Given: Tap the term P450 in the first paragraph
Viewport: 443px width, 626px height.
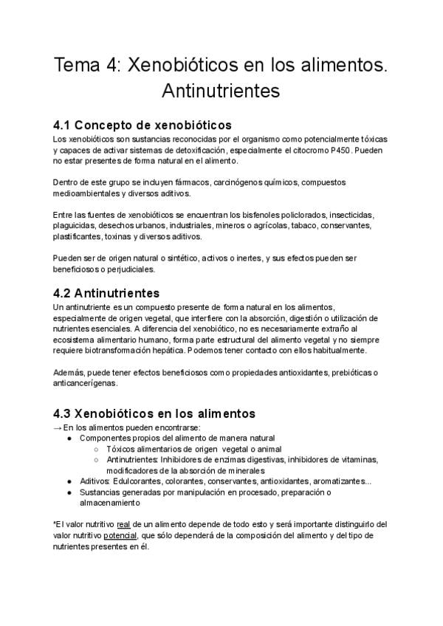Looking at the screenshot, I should point(340,150).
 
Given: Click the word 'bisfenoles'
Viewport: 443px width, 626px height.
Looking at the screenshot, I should point(238,215).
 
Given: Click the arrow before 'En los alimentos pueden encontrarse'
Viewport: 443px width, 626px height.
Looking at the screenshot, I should point(58,427).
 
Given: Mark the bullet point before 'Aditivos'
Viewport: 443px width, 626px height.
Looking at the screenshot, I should point(69,481).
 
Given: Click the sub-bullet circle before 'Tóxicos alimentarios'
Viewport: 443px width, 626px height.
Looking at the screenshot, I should point(96,449).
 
